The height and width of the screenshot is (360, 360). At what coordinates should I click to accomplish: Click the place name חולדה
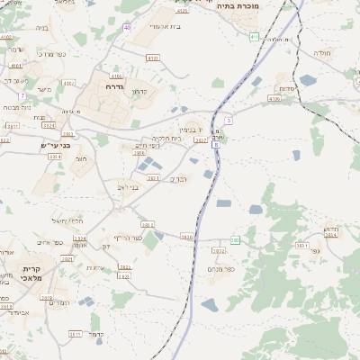[321, 53]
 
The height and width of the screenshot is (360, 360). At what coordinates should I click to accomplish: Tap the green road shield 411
[255, 37]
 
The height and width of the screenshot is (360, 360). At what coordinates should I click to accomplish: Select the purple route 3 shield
[229, 120]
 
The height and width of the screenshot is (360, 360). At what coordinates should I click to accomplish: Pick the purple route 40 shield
[127, 28]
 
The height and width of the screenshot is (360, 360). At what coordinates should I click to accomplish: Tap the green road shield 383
[235, 240]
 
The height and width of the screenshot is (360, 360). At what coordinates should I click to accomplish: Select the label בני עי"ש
[55, 145]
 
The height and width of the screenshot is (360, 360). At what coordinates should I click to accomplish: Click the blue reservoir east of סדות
[308, 80]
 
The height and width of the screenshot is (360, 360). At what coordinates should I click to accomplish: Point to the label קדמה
[98, 333]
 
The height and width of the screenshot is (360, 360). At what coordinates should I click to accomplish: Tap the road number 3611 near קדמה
[75, 334]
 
